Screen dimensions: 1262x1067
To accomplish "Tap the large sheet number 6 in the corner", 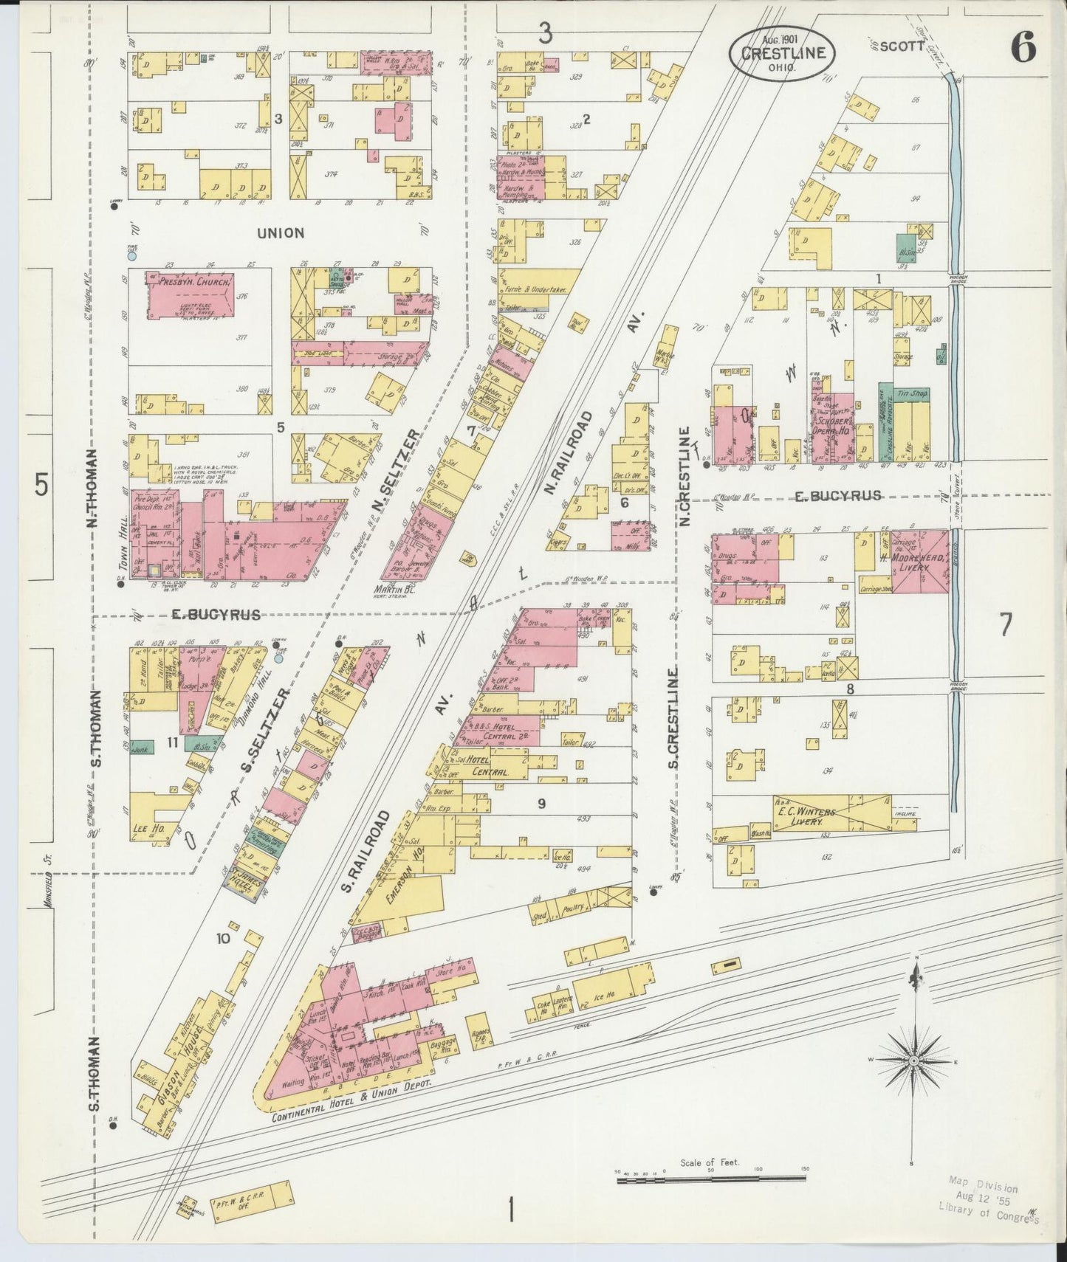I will (x=1023, y=48).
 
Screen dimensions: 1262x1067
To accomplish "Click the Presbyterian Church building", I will (x=191, y=295).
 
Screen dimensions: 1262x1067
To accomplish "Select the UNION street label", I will (x=281, y=232).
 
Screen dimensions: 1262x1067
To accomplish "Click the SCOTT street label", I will (x=902, y=46).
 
